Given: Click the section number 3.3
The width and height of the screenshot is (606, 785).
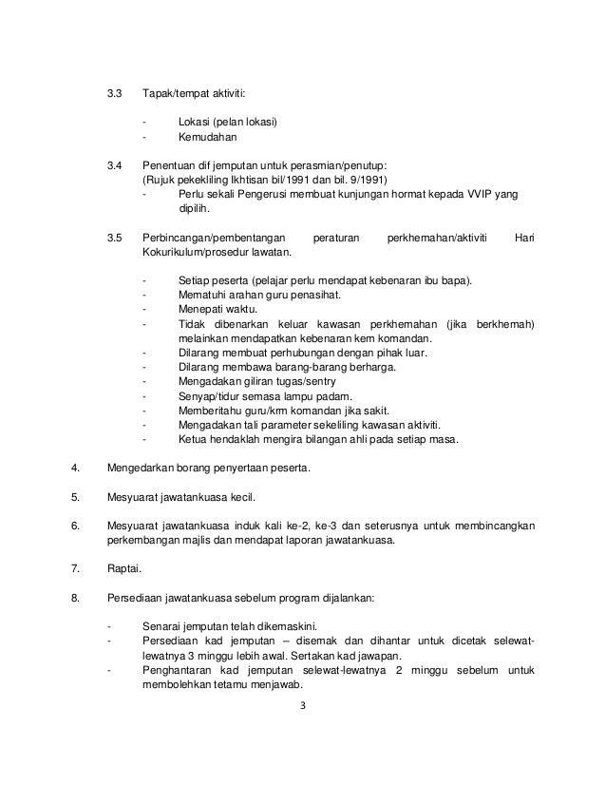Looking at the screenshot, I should point(114,95).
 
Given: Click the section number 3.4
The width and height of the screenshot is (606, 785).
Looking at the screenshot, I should point(114,164).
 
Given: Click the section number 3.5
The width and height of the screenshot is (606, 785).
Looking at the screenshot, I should point(114,236).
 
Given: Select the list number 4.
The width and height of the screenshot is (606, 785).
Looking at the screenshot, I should point(75,469).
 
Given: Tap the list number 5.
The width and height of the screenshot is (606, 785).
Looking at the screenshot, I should point(75,496).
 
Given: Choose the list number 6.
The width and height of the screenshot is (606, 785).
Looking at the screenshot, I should point(75,526).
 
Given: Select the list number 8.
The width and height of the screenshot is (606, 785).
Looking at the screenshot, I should point(75,597).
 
